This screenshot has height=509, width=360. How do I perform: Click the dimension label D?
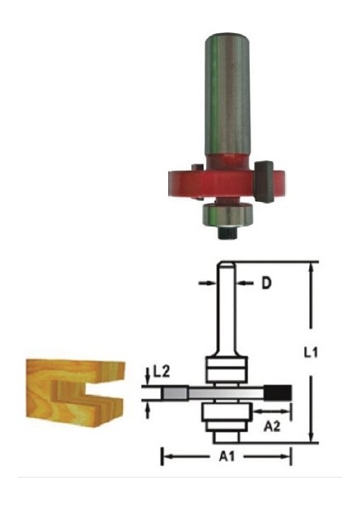coord(265,283)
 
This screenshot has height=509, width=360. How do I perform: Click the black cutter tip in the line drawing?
coord(278,392)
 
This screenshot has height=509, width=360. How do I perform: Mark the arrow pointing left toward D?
coord(244,283)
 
